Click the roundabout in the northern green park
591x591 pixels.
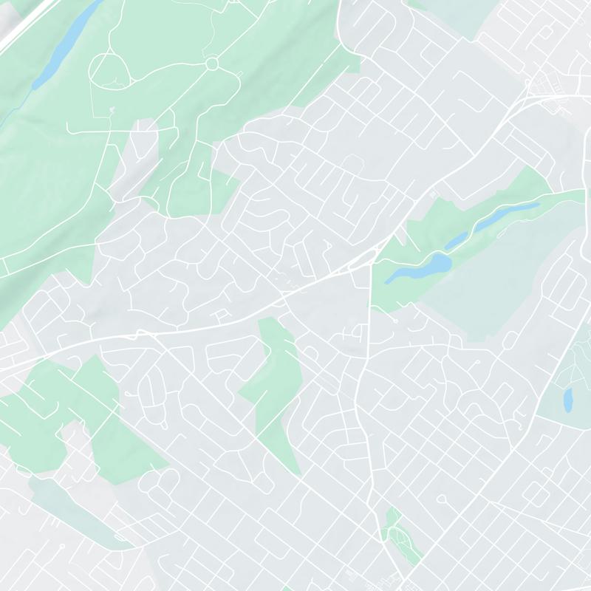(213, 64)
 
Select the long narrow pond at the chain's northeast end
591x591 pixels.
(510, 213)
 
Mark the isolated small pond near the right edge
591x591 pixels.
(568, 400)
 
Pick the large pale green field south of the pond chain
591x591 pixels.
(488, 288)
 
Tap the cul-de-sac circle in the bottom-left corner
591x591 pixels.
(62, 546)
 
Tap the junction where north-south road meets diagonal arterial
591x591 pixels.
(369, 267)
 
